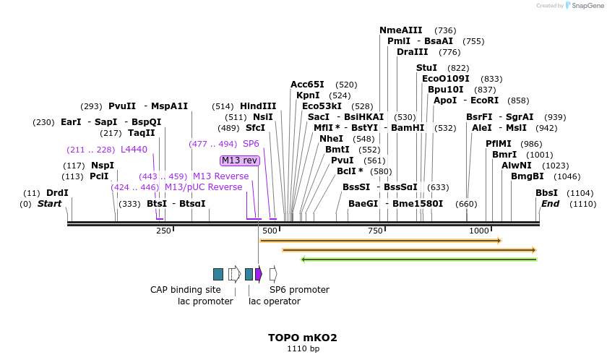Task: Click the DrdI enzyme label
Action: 57,193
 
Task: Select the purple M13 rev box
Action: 240,160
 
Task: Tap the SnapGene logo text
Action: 585,6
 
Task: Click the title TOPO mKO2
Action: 303,338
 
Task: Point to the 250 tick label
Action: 164,231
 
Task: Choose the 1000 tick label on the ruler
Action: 479,231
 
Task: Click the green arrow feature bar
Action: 418,259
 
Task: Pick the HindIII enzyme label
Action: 258,106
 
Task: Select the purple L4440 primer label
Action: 134,150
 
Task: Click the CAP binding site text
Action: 186,290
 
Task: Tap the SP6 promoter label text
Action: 299,290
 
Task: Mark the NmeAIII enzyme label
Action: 400,30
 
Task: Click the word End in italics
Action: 551,204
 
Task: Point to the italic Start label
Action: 49,204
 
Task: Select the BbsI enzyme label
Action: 546,193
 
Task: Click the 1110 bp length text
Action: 303,348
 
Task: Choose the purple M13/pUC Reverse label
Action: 203,187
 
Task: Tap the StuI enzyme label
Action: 426,68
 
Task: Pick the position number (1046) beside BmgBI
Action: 567,176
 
